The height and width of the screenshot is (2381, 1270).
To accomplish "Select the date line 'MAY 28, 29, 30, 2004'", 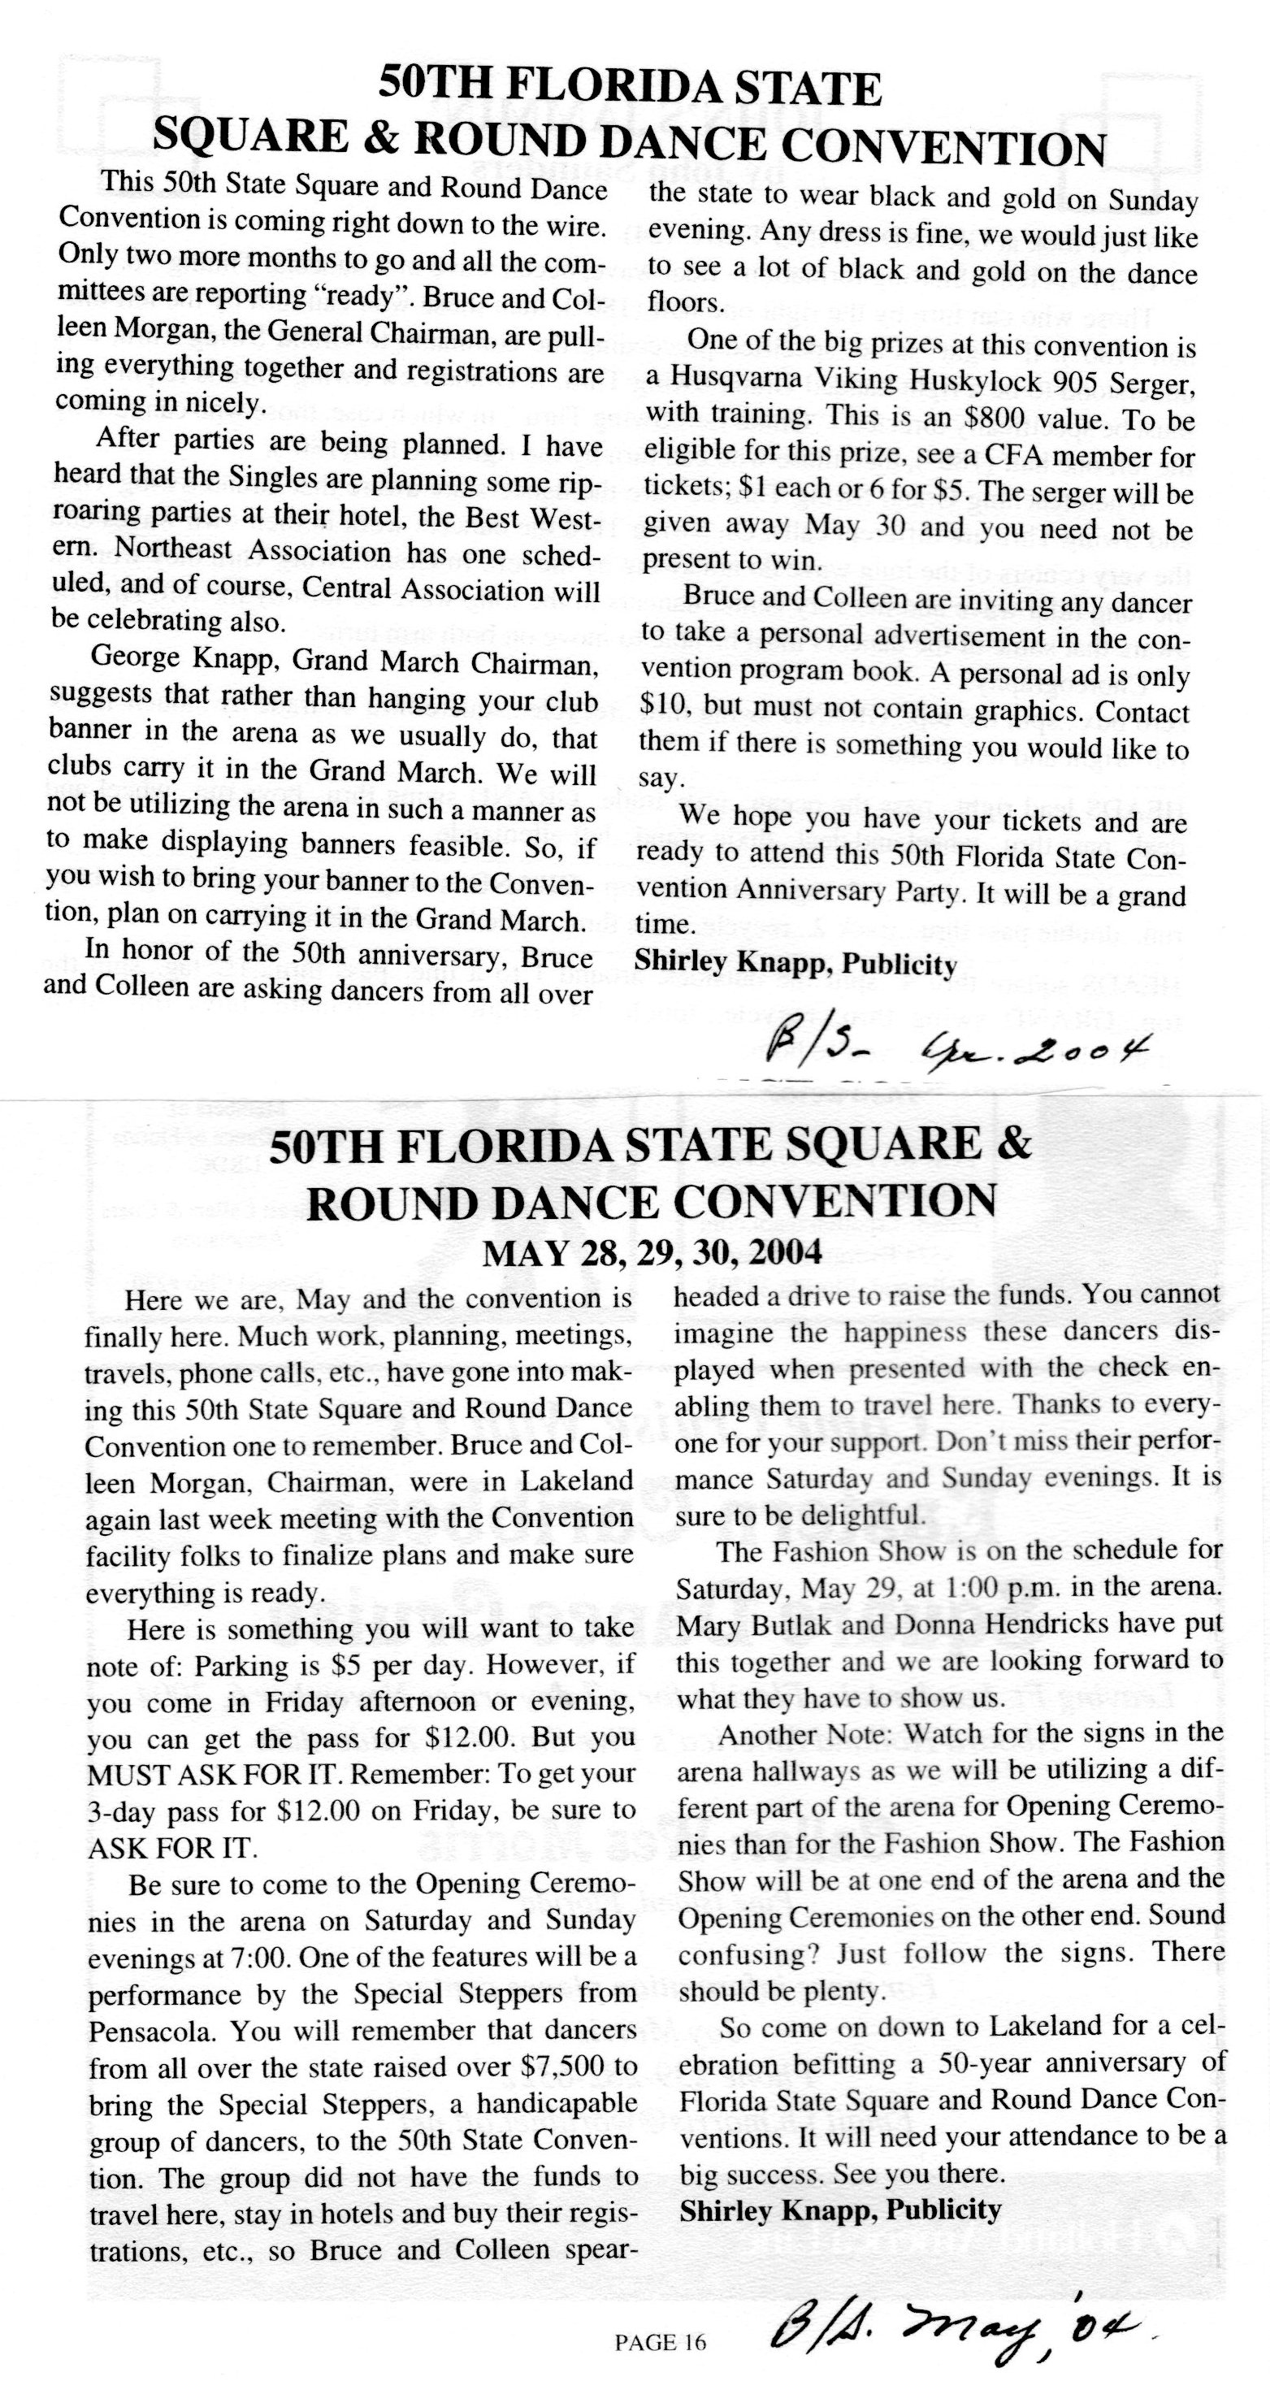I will (x=652, y=1252).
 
